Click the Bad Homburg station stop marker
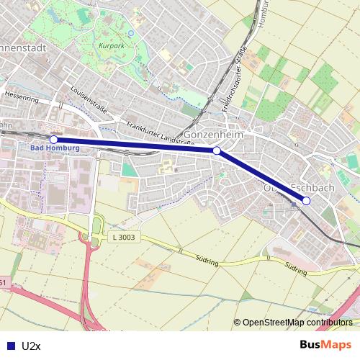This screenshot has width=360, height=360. click(x=53, y=139)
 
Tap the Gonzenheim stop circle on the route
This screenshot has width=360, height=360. click(x=217, y=150)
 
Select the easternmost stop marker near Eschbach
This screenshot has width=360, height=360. click(x=306, y=201)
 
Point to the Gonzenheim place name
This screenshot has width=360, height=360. click(x=215, y=135)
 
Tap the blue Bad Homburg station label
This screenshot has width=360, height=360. click(x=55, y=149)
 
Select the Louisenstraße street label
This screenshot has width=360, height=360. click(x=90, y=100)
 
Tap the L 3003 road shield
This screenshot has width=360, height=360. click(x=124, y=237)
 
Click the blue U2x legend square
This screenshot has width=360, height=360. click(x=10, y=346)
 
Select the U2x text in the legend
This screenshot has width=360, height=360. click(x=32, y=346)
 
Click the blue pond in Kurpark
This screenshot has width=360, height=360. click(x=130, y=32)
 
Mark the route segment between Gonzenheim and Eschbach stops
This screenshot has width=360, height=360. click(x=261, y=176)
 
